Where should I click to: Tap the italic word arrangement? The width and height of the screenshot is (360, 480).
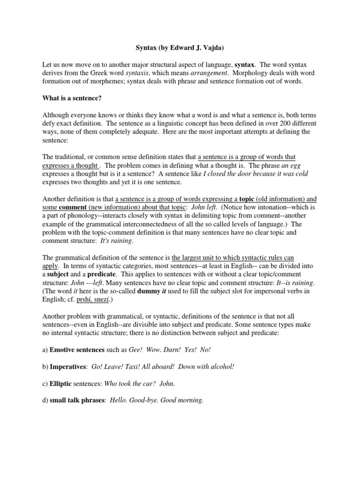(x=227, y=73)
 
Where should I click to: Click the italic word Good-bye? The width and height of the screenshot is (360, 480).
(x=146, y=401)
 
